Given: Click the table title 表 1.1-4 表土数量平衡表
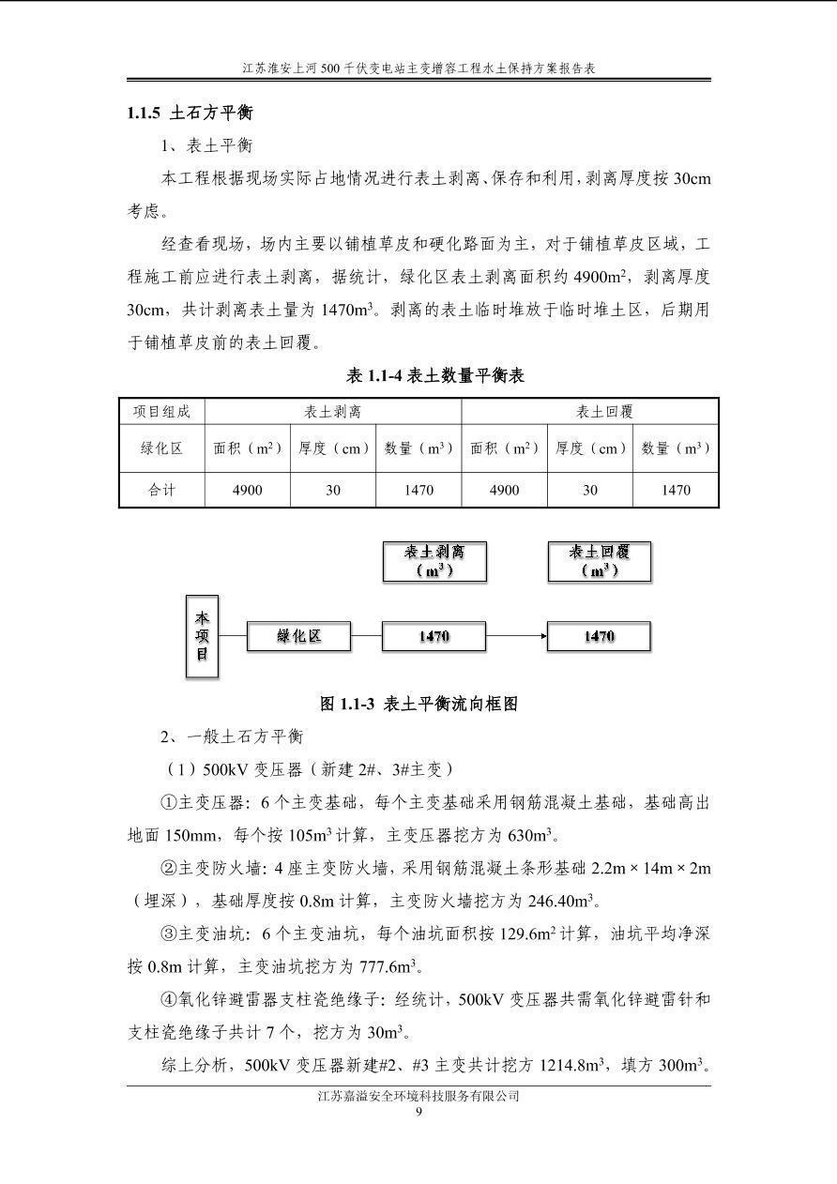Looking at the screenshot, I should (x=435, y=376).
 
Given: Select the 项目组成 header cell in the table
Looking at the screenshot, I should (x=161, y=412).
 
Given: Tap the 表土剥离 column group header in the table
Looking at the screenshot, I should (x=333, y=412).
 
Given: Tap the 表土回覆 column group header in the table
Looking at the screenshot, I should (x=590, y=412).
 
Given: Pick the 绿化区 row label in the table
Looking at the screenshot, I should (x=161, y=448).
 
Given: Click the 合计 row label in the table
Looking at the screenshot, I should (x=161, y=490).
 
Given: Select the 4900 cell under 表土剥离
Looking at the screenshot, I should (x=248, y=490).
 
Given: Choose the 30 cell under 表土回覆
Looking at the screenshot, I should (x=590, y=490).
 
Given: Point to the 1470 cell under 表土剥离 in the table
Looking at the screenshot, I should (x=418, y=490).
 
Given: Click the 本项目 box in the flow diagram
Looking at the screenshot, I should (x=202, y=636).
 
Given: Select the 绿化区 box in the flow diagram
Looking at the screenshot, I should (x=298, y=636).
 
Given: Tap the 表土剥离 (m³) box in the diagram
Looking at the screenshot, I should (x=434, y=561).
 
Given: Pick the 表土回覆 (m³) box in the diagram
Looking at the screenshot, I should (x=599, y=561).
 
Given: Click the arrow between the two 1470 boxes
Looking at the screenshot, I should (x=516, y=636).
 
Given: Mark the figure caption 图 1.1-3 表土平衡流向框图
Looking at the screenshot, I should (x=418, y=704).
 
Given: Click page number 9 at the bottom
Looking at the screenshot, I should (x=418, y=1113).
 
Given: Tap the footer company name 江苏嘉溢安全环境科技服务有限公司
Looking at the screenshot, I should (x=418, y=1096).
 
